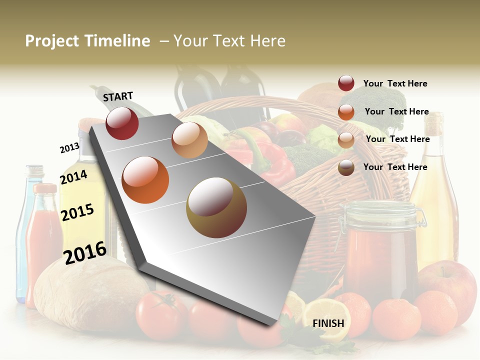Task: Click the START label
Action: point(118,96)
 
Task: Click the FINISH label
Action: point(328,323)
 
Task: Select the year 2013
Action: point(69,147)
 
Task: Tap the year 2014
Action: point(74,177)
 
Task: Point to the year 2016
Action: point(85,252)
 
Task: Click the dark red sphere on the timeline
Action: point(122,123)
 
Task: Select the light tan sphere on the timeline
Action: point(189,140)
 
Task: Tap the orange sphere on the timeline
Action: point(145,179)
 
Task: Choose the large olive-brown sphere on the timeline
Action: point(216,207)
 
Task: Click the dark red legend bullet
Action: point(346,83)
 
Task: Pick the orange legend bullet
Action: point(346,112)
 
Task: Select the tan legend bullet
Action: point(346,140)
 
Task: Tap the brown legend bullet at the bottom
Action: point(346,167)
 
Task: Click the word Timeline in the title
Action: point(118,41)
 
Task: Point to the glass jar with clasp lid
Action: point(380,250)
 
